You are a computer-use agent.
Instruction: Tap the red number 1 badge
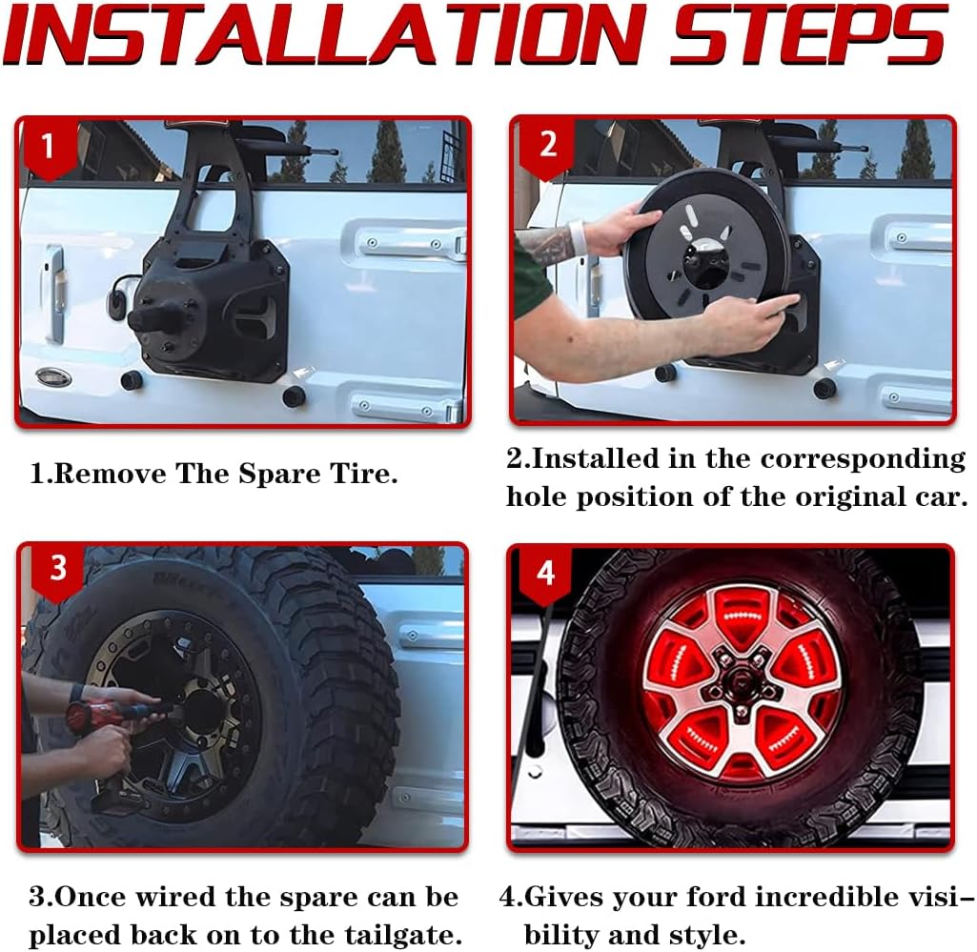[x=48, y=147]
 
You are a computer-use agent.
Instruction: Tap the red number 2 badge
[x=548, y=145]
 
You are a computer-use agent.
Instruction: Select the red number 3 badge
[x=57, y=568]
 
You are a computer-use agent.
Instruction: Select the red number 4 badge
[x=545, y=572]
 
